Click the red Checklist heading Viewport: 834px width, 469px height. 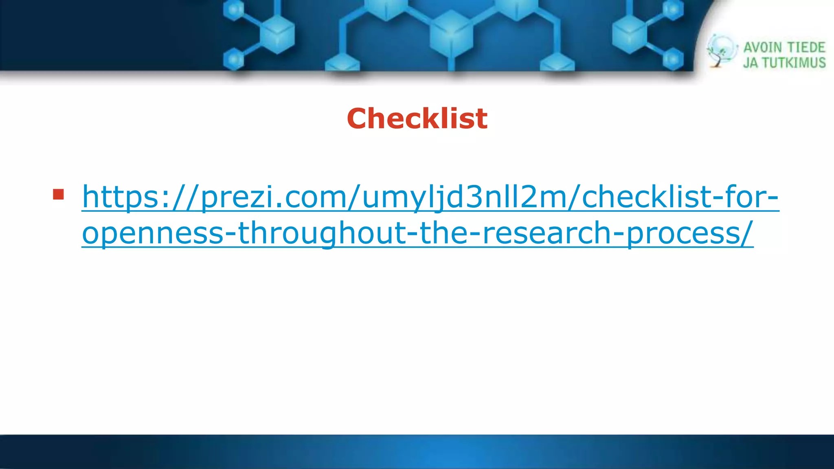(417, 118)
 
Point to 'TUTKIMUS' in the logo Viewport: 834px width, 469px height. (794, 63)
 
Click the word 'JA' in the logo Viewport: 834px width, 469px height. (751, 63)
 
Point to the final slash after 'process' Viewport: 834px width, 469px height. (747, 233)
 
